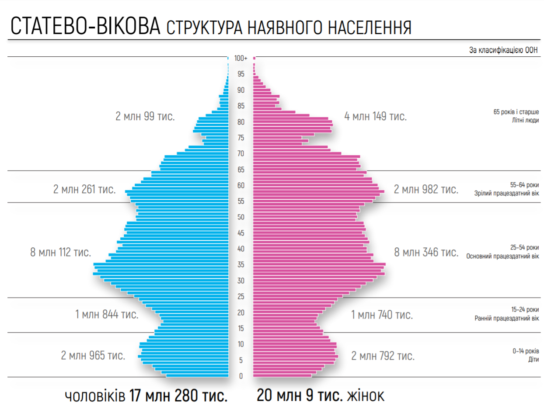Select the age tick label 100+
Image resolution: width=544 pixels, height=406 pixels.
(x=241, y=58)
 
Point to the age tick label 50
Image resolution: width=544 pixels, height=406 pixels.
(x=241, y=217)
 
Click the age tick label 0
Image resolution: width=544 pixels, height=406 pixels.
(x=241, y=376)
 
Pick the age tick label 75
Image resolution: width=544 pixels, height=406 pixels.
(x=241, y=138)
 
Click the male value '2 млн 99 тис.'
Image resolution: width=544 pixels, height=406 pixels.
(x=145, y=117)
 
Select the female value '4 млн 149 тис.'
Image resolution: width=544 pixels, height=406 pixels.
(x=376, y=117)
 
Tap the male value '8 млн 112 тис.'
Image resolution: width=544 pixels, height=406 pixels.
(x=61, y=252)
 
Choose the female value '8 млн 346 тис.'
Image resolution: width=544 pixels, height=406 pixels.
(x=426, y=252)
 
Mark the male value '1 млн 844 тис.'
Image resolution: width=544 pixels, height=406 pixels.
(x=107, y=314)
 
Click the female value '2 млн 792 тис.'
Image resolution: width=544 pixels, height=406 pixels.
(x=383, y=356)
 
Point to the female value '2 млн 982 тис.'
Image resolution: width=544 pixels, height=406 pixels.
(x=426, y=189)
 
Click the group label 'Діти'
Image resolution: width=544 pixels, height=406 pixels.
(x=533, y=359)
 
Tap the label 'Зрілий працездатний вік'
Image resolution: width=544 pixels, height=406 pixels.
(x=507, y=193)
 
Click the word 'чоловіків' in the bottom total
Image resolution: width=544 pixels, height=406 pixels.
(x=94, y=396)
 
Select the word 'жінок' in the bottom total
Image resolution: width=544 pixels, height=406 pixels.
(x=366, y=396)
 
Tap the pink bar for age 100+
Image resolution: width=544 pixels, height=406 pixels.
(x=254, y=58)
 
